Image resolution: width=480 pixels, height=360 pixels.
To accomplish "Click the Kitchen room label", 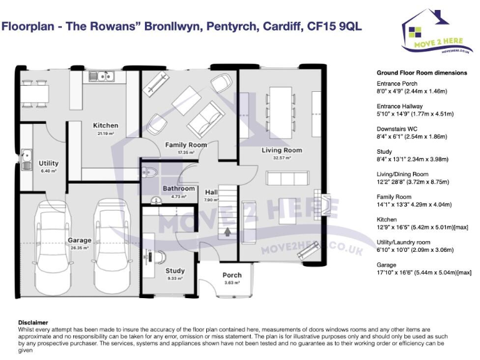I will [x=106, y=125].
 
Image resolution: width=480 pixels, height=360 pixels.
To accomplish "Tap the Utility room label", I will [x=49, y=164].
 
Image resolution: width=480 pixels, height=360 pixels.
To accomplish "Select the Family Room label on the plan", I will [x=186, y=145].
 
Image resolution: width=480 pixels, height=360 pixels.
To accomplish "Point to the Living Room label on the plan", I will [x=281, y=150].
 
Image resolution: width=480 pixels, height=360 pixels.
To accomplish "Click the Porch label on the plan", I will [x=232, y=275].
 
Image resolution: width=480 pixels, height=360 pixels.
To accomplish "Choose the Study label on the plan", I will [x=175, y=271].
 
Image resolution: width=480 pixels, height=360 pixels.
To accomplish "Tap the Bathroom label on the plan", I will [x=179, y=188].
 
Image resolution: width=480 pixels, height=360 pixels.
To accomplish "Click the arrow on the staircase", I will [x=227, y=231].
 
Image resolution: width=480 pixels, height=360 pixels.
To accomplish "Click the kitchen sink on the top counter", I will [x=100, y=77].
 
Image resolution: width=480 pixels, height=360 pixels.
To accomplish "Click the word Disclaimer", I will [x=33, y=322].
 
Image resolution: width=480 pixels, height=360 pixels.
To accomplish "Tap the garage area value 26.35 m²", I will [x=80, y=247].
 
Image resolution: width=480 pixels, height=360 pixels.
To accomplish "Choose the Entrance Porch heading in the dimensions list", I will [x=397, y=83].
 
